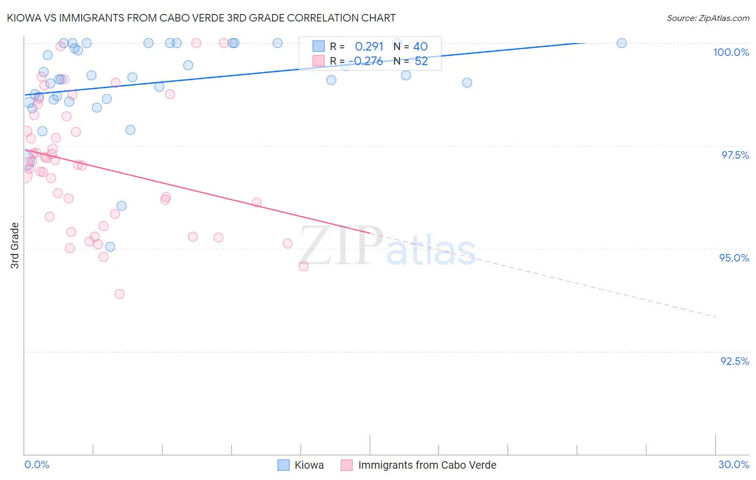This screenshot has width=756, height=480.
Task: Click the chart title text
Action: [202, 18]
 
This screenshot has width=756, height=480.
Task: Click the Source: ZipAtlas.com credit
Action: [708, 18]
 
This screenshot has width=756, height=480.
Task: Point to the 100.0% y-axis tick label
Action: [731, 52]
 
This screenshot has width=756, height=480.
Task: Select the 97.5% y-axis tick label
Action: [735, 155]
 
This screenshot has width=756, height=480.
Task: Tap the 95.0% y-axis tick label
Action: [734, 258]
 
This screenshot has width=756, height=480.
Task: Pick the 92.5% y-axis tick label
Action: [734, 361]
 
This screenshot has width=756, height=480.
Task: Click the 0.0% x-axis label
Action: [37, 464]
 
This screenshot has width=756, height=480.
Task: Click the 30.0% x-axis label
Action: [733, 464]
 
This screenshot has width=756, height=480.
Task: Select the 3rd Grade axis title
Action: [15, 245]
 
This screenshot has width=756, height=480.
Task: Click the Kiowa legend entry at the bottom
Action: [309, 465]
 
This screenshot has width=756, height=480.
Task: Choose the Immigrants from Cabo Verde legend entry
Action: [427, 465]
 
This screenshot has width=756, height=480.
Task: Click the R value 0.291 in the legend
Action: [369, 47]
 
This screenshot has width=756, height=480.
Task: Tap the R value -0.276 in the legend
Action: [368, 61]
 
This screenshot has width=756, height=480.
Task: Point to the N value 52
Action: [421, 61]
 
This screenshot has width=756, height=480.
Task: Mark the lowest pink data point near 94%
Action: [119, 294]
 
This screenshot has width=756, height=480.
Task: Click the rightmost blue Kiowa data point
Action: [622, 43]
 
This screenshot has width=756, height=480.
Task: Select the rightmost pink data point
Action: [304, 266]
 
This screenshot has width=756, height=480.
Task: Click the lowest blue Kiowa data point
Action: [110, 247]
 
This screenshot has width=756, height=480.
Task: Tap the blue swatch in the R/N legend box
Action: [318, 46]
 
